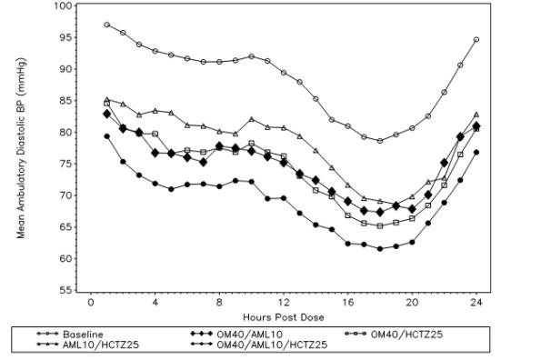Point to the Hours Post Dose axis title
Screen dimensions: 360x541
(x=283, y=317)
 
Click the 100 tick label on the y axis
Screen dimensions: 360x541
(x=63, y=5)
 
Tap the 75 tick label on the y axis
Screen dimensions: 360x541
(x=66, y=164)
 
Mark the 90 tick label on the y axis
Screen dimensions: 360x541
(x=66, y=69)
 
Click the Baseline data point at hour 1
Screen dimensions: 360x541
(x=106, y=25)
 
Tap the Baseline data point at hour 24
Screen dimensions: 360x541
(x=476, y=40)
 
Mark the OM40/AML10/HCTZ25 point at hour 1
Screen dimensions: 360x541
(x=106, y=136)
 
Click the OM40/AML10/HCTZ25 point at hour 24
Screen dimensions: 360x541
(x=476, y=152)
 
